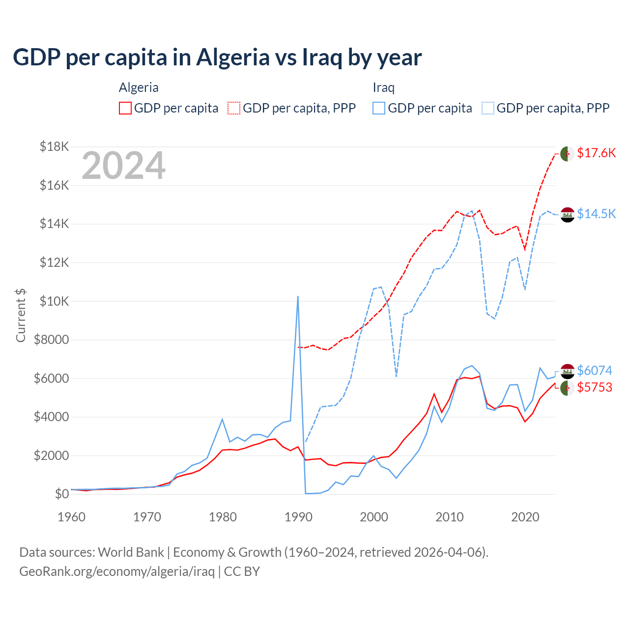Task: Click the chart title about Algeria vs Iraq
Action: tap(217, 57)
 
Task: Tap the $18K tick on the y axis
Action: tap(55, 146)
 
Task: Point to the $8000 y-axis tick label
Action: tap(52, 340)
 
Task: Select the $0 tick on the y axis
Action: tap(62, 494)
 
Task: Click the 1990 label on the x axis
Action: tap(298, 517)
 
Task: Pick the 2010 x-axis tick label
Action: tap(450, 517)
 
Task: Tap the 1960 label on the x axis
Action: tap(72, 517)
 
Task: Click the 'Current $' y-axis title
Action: tap(21, 315)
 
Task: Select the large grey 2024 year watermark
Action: tap(123, 166)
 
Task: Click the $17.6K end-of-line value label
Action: tap(596, 153)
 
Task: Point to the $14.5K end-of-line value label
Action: tap(596, 214)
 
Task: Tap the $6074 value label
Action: tap(595, 371)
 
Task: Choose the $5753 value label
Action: tap(595, 388)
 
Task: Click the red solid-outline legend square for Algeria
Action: tap(125, 108)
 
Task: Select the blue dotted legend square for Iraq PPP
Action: tap(488, 108)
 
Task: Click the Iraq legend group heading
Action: tap(384, 88)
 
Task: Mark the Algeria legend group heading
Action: tap(139, 88)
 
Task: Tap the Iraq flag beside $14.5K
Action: tap(568, 214)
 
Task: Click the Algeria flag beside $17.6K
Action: tap(568, 153)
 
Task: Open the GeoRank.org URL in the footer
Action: tap(117, 572)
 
